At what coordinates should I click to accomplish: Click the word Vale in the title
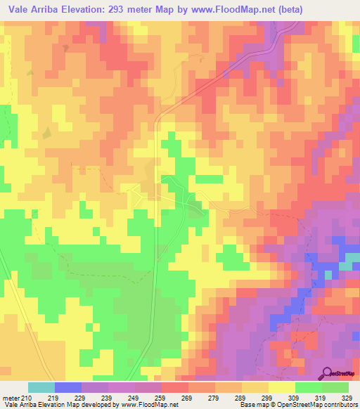[x=19, y=10]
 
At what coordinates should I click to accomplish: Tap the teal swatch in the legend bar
[x=41, y=387]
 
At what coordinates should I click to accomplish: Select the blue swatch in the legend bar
[x=68, y=387]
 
